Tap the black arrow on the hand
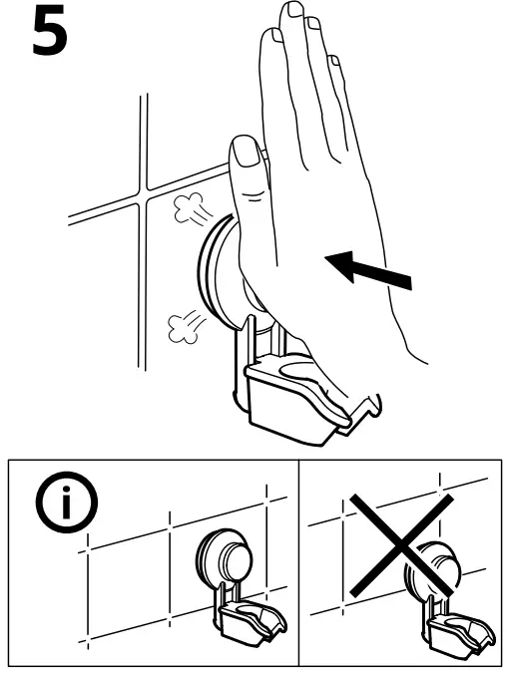[x=368, y=270]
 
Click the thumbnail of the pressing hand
[x=245, y=152]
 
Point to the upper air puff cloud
[x=189, y=207]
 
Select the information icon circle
[x=66, y=503]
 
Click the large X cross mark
[x=401, y=545]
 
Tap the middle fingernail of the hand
[x=296, y=9]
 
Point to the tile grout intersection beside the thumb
[x=143, y=195]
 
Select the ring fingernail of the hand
[x=314, y=23]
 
